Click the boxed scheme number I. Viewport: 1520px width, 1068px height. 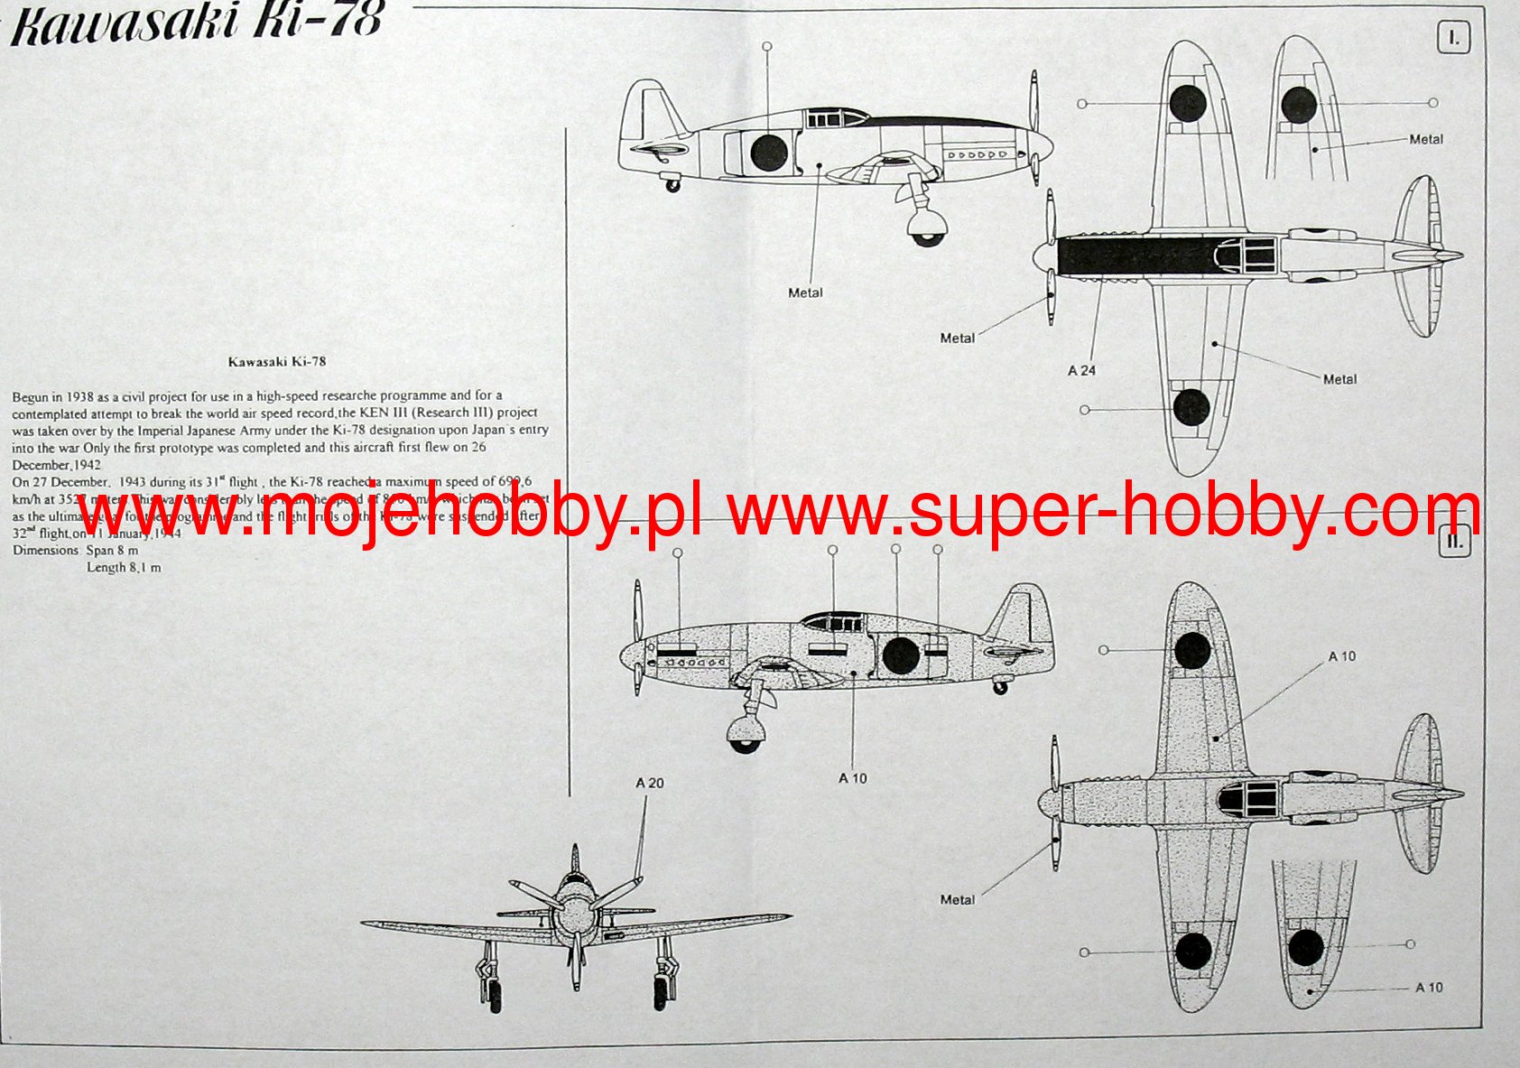[x=1453, y=38]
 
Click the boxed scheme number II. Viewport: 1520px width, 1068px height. [x=1454, y=542]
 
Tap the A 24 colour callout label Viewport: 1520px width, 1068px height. [x=1081, y=370]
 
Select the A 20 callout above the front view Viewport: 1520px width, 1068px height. [x=649, y=783]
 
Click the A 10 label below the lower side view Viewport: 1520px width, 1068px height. [x=852, y=778]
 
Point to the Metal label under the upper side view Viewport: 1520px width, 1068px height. [x=805, y=293]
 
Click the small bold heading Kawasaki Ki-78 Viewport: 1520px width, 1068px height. [x=277, y=361]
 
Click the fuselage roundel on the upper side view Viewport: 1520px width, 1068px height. [x=768, y=152]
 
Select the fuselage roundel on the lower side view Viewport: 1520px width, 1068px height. [x=900, y=655]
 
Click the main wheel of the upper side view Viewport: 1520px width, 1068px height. [x=927, y=227]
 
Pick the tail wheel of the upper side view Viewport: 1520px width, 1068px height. [x=672, y=186]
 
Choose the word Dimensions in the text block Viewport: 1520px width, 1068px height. [x=46, y=550]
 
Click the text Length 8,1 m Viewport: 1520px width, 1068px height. [x=124, y=567]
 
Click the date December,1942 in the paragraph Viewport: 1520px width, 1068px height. [x=56, y=465]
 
